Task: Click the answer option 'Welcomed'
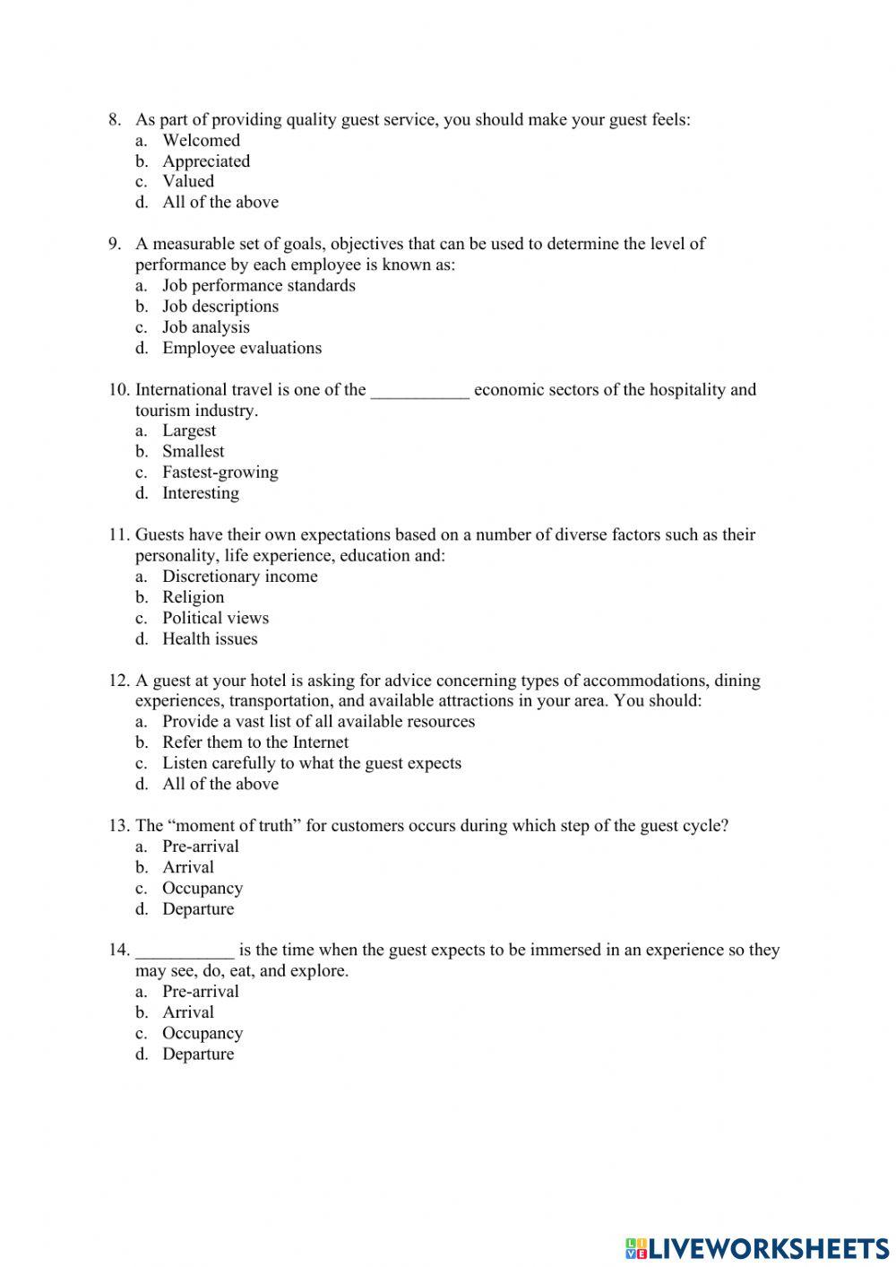[x=201, y=141]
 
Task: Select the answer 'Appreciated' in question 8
[x=205, y=161]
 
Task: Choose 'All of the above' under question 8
[x=220, y=203]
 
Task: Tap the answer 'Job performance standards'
[x=258, y=286]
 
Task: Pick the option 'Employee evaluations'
[x=241, y=348]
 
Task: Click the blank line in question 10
[x=419, y=391]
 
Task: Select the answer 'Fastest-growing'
[x=220, y=473]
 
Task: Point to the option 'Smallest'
[x=193, y=452]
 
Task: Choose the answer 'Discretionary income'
[x=239, y=577]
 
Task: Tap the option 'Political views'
[x=215, y=618]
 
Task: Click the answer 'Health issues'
[x=210, y=639]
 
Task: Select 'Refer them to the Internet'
[x=254, y=742]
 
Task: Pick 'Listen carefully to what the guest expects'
[x=311, y=763]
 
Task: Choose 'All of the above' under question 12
[x=220, y=785]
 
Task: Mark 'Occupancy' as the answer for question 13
[x=202, y=889]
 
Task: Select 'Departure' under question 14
[x=197, y=1054]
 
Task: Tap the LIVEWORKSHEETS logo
[x=757, y=1247]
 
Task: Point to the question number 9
[x=115, y=244]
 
